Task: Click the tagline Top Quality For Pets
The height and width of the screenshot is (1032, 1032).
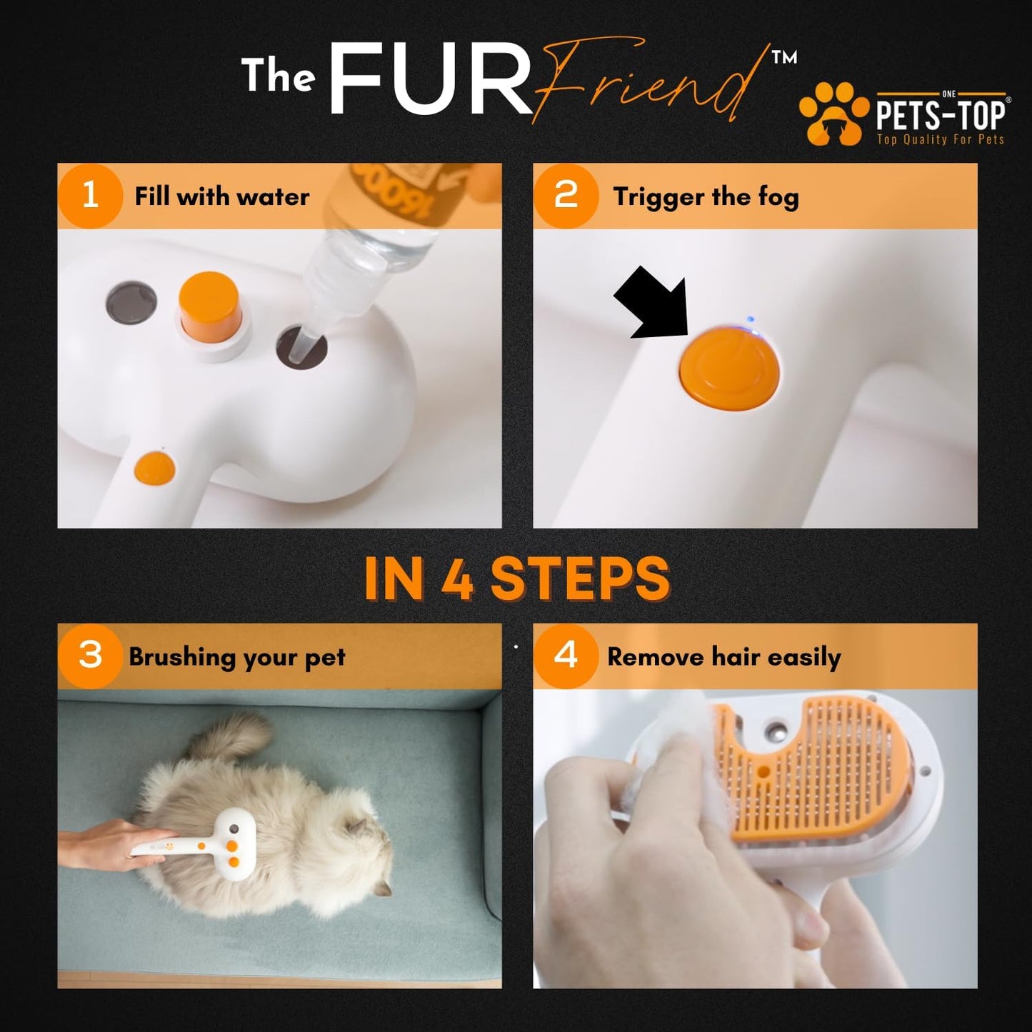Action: coord(940,139)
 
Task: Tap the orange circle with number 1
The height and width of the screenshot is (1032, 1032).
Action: coord(90,196)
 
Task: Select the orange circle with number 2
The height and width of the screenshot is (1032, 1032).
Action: coord(566,196)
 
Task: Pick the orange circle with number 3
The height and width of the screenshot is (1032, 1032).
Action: coord(90,656)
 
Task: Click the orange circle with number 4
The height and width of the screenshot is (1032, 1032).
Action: coord(566,656)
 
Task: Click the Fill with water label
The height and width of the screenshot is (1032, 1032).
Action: coord(222,196)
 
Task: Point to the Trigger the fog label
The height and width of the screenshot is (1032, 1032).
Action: coord(706,197)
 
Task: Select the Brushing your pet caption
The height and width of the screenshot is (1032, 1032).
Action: coord(237,657)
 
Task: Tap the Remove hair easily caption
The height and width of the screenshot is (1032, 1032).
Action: coord(723,657)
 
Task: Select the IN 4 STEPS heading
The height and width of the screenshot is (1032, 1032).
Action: coord(516,578)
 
